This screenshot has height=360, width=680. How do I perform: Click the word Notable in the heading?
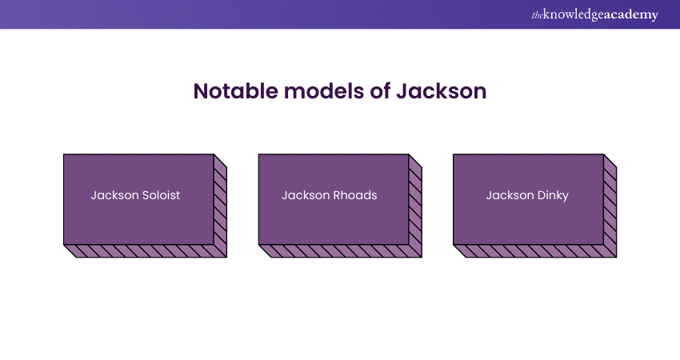click(235, 91)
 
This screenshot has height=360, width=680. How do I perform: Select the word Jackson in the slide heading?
click(441, 91)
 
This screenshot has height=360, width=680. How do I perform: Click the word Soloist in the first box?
click(159, 195)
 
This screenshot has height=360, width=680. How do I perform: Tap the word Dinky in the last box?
click(553, 196)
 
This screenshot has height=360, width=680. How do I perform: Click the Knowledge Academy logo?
click(594, 14)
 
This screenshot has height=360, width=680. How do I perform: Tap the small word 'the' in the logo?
click(537, 16)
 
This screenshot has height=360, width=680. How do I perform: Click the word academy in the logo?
click(631, 14)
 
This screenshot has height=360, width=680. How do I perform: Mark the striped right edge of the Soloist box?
click(220, 206)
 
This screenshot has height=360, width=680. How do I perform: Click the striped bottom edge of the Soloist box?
click(146, 251)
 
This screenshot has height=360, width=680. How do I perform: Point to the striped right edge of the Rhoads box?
click(415, 206)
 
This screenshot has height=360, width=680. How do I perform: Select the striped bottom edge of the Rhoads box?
click(341, 251)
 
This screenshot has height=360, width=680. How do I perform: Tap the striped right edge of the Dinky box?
click(610, 206)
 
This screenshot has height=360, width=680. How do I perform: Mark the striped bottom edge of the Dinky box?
click(535, 251)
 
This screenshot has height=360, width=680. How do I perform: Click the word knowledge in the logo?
click(574, 15)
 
